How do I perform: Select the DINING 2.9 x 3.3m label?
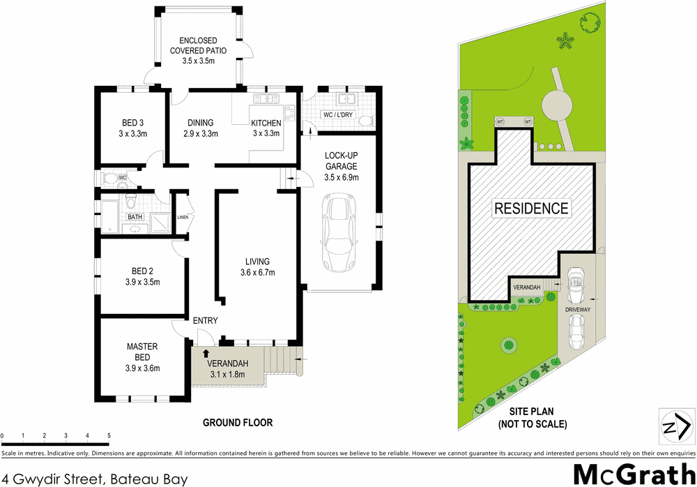coord(201,128)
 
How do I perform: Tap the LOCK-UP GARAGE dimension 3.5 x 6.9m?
coord(341,178)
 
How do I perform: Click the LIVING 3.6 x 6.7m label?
coord(256,267)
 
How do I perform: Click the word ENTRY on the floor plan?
coord(206,321)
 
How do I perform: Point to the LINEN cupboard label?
coord(183,218)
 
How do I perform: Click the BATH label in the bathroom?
coord(135,218)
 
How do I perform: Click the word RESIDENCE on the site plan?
coord(531,208)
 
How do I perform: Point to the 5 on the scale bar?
coord(109,436)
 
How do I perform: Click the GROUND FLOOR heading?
coord(238,422)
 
